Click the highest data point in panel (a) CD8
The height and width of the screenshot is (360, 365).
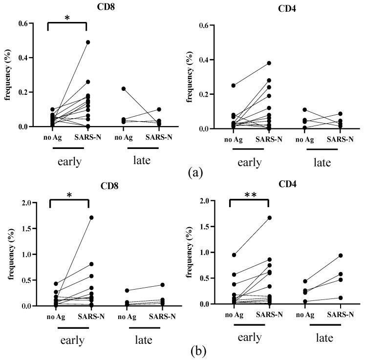click(x=88, y=42)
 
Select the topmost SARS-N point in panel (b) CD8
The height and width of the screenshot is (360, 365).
click(x=91, y=217)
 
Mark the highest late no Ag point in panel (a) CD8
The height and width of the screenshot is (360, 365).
click(x=123, y=88)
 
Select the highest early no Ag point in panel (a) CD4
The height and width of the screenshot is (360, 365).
click(x=234, y=85)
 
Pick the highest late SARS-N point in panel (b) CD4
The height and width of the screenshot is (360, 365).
click(x=341, y=255)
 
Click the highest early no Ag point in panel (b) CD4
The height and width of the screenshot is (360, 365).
click(x=234, y=255)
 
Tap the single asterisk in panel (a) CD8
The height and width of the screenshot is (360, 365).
click(x=67, y=18)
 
